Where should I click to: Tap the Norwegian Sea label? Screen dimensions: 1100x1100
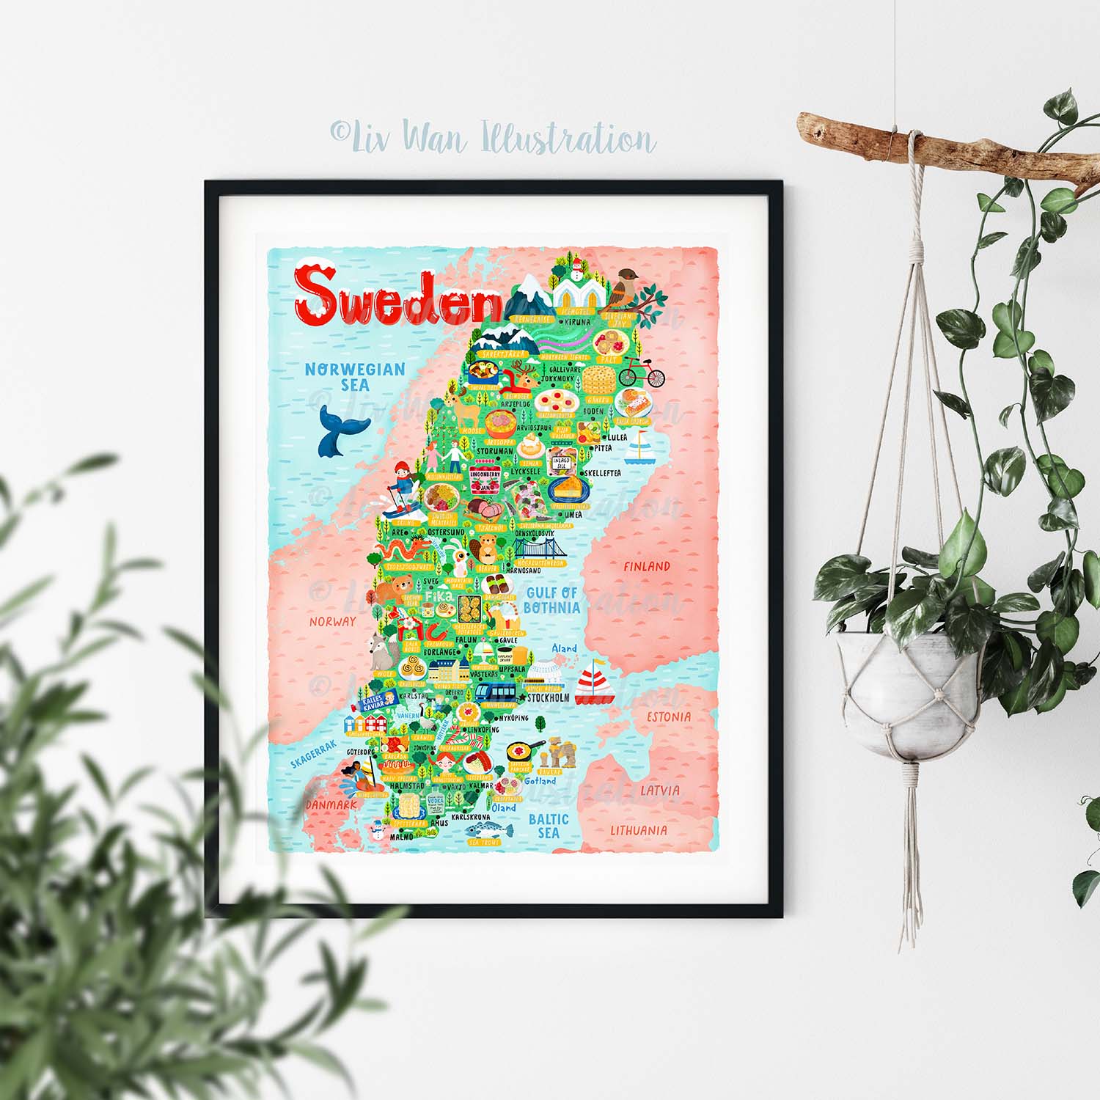pos(355,377)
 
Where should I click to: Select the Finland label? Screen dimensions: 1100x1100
pos(646,566)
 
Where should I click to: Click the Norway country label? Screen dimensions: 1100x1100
pos(332,621)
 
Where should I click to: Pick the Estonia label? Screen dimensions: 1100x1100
pos(668,716)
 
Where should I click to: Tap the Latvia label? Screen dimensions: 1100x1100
pos(660,791)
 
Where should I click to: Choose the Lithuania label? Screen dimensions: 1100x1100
pos(639,830)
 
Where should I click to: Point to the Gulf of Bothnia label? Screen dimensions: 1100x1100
pos(551,600)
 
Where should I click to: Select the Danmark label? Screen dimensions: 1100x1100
pos(331,804)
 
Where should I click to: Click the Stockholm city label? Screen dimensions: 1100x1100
pos(548,698)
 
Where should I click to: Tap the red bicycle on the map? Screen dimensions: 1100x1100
pos(642,374)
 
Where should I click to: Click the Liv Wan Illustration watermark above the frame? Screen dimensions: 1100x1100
pos(492,138)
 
